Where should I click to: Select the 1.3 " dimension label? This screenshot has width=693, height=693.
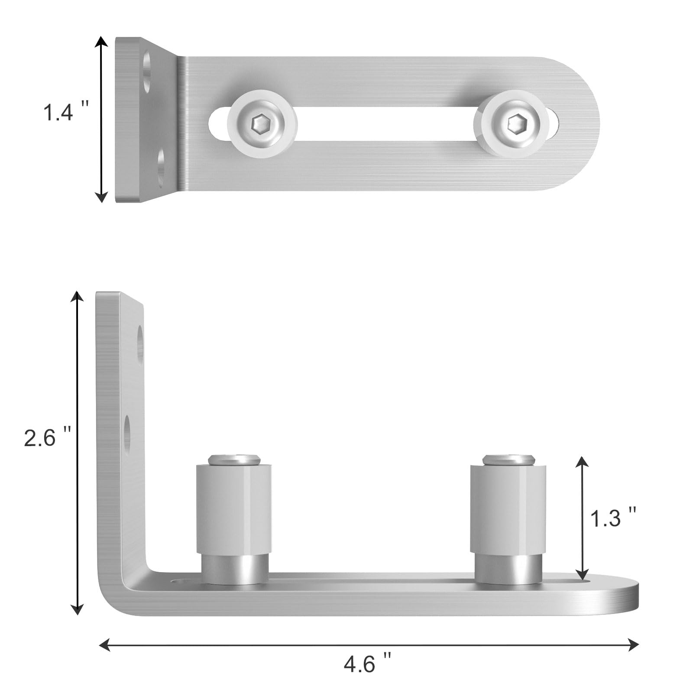pos(613,518)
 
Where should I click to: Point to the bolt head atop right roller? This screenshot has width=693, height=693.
pos(509,459)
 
